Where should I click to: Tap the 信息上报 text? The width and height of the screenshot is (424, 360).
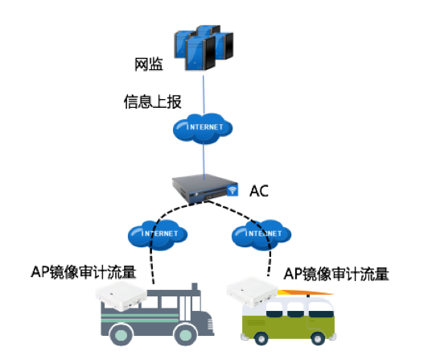pos(148,102)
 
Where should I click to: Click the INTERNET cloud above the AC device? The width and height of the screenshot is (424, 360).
pos(204,128)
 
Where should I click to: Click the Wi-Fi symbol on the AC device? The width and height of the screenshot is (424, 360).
pos(232,191)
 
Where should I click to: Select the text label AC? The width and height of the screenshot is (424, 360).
pos(259,191)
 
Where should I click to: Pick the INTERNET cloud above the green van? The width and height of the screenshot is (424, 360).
pos(260,234)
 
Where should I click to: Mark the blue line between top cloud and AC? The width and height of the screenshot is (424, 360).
pos(204,157)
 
